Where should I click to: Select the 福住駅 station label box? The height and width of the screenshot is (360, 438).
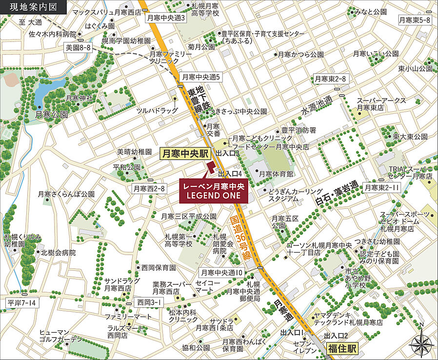341,348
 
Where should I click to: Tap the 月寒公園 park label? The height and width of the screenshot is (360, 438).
51,114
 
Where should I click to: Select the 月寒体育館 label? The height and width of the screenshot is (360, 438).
276,174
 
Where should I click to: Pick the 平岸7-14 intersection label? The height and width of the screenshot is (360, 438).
21,303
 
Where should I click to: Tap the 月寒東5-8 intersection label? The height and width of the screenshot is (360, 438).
414,20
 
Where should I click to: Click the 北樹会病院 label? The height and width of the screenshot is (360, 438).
58,253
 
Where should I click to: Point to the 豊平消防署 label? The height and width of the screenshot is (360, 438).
299,131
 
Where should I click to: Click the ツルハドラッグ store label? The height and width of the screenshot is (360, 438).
157,111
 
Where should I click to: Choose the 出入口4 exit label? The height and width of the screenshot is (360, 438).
230,174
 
